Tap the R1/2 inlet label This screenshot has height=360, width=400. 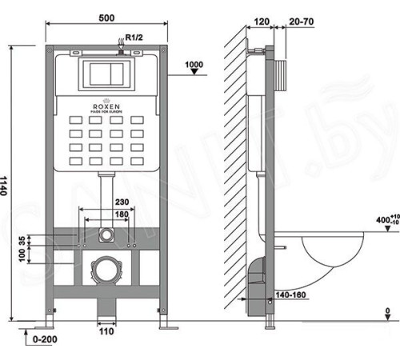(130, 37)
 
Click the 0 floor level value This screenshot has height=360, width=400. (387, 311)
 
